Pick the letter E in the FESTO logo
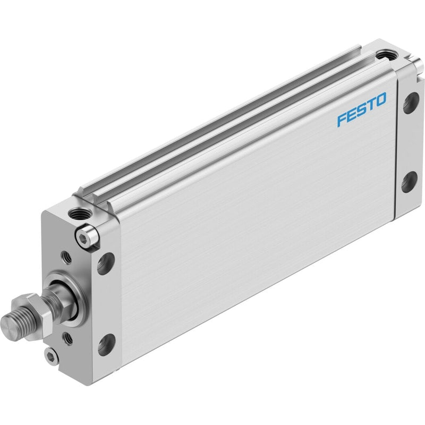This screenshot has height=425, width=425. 352,114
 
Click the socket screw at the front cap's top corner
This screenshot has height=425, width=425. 86,235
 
